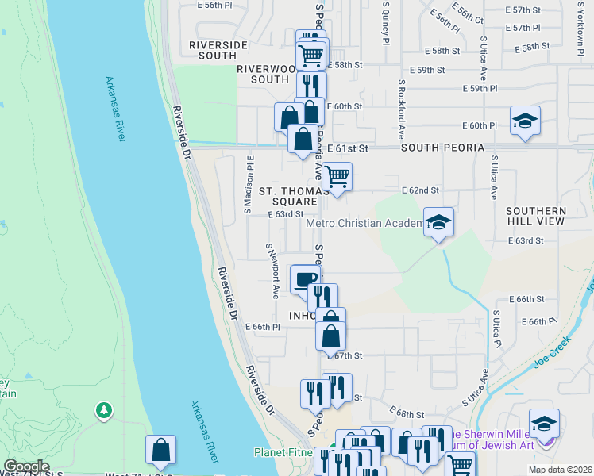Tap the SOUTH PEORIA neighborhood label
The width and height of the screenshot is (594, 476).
coord(442,148)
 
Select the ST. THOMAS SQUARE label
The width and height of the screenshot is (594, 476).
coord(294,196)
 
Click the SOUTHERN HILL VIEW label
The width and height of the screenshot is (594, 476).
coord(536,216)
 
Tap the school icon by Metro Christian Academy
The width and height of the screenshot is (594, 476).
coord(438,223)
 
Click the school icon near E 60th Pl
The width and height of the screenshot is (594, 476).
coord(525,121)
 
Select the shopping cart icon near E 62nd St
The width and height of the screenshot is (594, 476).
coord(337,175)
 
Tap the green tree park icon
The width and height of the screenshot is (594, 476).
coord(102,410)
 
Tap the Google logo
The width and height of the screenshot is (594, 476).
coord(27,466)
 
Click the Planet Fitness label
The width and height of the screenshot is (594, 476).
coord(283,452)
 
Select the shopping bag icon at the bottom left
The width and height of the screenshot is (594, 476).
coord(161,450)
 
